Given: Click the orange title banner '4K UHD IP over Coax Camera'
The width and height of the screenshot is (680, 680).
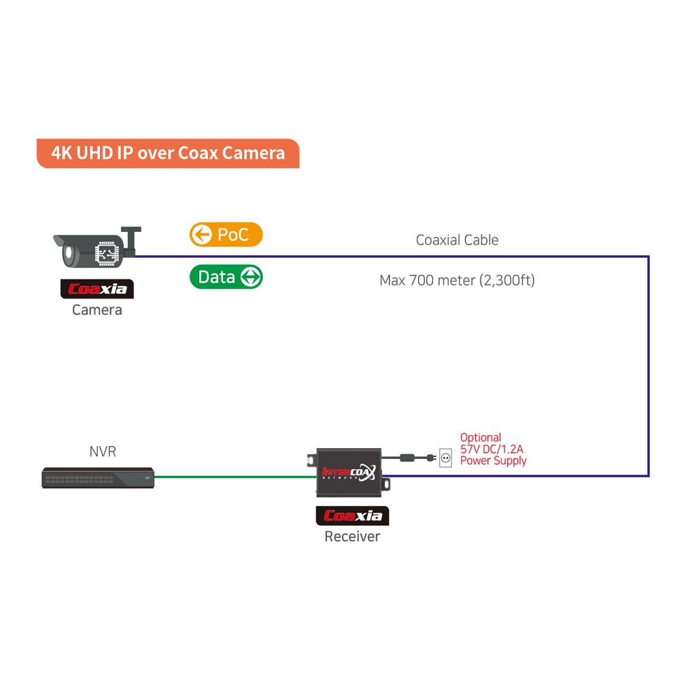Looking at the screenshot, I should (168, 153).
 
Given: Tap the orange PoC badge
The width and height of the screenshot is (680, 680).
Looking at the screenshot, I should (225, 235).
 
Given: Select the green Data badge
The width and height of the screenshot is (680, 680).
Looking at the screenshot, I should (225, 277).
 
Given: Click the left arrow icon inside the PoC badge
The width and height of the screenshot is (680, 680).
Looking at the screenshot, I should (200, 235).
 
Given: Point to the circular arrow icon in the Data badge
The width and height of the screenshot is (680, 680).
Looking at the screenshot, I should (251, 277).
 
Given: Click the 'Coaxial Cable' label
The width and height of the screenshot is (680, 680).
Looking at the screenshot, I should (457, 239).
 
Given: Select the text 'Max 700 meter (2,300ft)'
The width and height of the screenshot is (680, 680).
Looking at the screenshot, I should (457, 280).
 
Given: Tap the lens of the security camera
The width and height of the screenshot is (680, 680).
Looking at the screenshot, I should (69, 255).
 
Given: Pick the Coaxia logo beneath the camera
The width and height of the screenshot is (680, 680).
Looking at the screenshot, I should (97, 289).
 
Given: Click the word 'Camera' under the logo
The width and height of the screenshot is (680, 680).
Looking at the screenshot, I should (97, 310).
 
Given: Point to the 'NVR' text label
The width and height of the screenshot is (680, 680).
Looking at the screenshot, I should (103, 452).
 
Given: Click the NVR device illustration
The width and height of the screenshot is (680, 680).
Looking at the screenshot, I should (97, 478).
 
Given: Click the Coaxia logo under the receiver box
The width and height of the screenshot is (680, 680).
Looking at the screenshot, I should (352, 516).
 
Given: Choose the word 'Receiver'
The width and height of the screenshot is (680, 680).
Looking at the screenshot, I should (352, 537).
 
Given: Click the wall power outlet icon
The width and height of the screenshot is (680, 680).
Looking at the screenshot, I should (446, 458).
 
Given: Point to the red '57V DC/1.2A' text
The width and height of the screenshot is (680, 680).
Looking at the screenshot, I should (492, 449).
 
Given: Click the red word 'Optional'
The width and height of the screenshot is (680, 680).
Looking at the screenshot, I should (480, 438).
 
